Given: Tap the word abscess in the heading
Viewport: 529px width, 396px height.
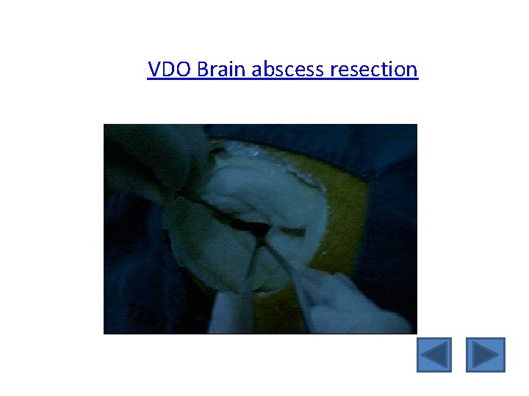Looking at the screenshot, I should point(290,70).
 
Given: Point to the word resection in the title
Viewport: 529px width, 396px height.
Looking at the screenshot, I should point(375,70).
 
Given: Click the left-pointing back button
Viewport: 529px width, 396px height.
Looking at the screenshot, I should point(434,355).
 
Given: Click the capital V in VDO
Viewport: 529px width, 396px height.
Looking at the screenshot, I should point(154,70).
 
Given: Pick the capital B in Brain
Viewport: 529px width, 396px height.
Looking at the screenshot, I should point(203,70).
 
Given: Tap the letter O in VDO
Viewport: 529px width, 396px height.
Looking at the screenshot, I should point(183,70).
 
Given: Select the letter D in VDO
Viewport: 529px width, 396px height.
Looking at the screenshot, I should point(168,70).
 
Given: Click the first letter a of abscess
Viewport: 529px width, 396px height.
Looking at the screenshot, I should point(257,70).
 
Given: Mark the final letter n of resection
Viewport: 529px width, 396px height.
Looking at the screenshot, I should point(413,70).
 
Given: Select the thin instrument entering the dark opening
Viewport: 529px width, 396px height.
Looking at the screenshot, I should point(283,260).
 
